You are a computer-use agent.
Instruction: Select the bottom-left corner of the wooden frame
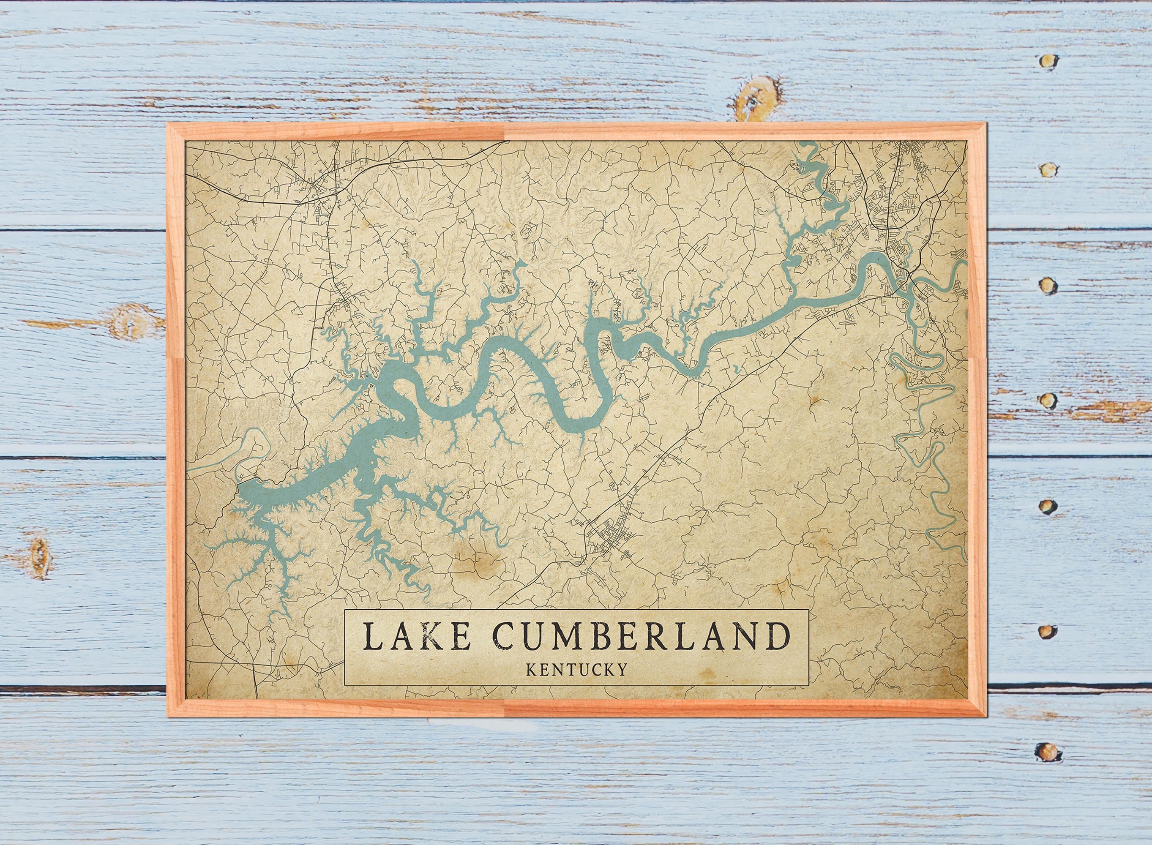[x=167, y=719]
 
